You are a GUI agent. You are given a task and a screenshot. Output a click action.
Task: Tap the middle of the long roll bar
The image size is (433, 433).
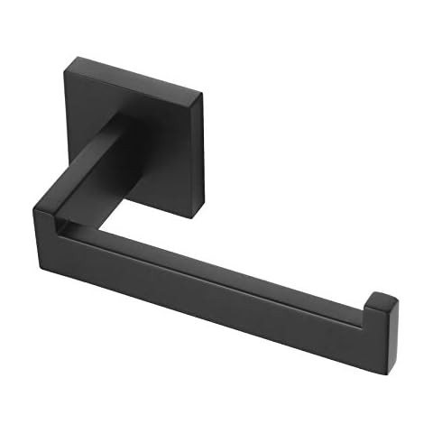pos(226,289)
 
